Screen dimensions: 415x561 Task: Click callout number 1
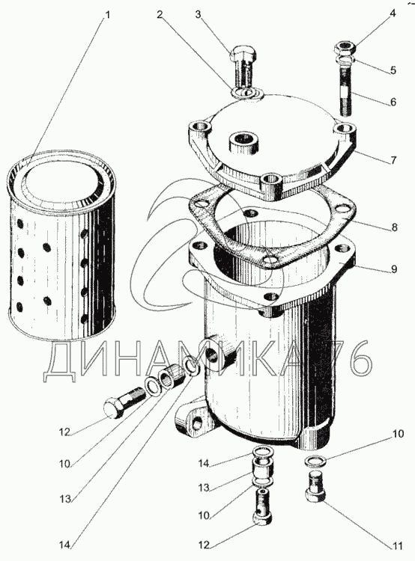tap(107, 16)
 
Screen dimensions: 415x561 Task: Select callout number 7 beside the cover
tap(394, 159)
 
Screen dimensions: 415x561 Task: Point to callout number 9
tap(394, 269)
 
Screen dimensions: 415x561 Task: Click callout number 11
tap(397, 546)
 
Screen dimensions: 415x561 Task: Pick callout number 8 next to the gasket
tap(395, 227)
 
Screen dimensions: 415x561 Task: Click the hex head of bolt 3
tap(242, 54)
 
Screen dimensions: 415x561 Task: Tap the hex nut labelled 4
tap(345, 47)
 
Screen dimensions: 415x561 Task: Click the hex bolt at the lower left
tap(124, 403)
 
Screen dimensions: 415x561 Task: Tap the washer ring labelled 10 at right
tap(315, 461)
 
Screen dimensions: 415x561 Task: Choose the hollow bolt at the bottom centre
tap(263, 506)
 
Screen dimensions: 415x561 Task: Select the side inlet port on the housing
tap(213, 352)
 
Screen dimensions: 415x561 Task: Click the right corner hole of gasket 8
tap(345, 207)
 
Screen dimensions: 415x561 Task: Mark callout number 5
tap(393, 70)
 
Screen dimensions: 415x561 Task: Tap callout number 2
tap(160, 15)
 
